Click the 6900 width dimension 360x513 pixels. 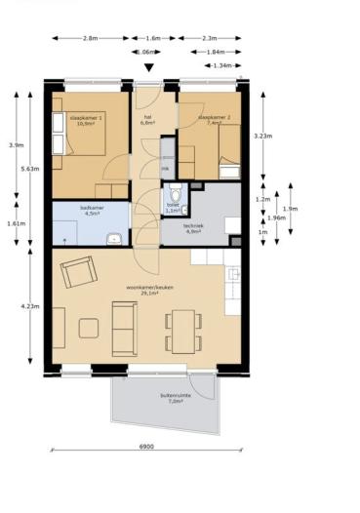click(145, 447)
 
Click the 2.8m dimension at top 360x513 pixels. click(90, 38)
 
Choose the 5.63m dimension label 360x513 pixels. click(28, 168)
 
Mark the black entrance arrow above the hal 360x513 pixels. click(148, 67)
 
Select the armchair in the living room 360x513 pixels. click(77, 272)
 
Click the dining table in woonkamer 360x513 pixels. click(182, 330)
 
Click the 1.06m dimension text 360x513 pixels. click(146, 52)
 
